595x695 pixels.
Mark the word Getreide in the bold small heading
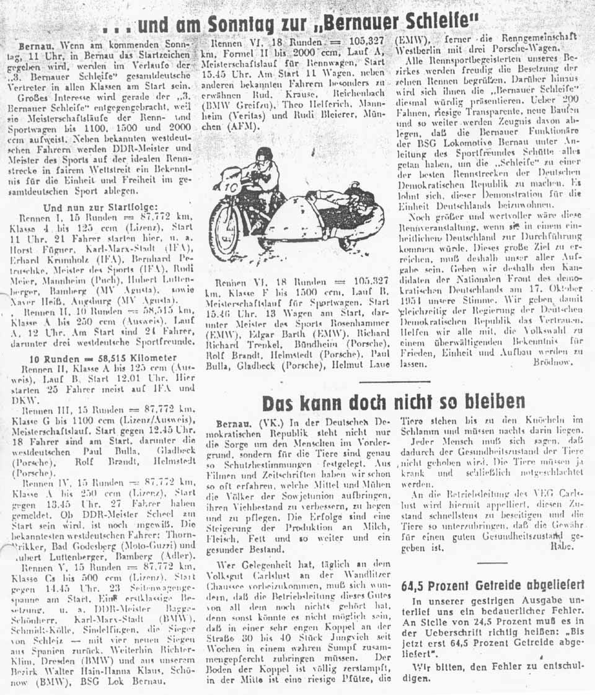click(x=495, y=584)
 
